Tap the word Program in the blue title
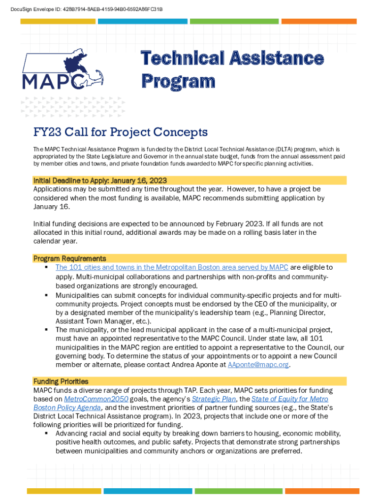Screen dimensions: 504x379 (178, 81)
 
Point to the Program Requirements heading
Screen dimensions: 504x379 (69, 258)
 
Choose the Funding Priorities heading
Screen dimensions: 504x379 (61, 381)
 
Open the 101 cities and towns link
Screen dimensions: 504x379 (172, 267)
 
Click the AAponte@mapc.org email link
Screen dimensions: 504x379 (258, 365)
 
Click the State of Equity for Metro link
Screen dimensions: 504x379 (289, 399)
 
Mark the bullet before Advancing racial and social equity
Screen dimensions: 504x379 (46, 433)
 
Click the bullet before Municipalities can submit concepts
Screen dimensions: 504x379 (46, 295)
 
